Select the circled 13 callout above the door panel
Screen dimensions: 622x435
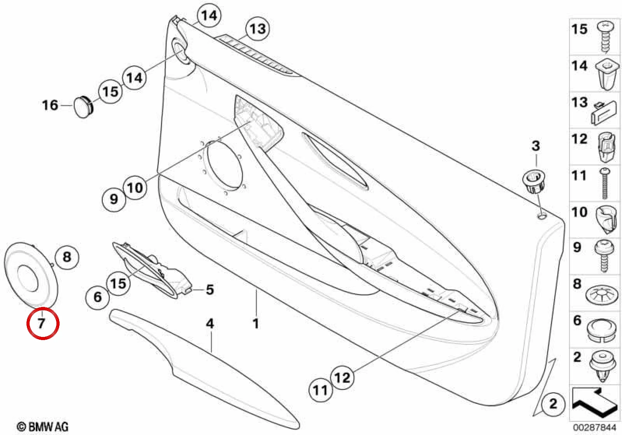tap(258, 29)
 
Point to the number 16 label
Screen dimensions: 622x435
tap(50, 105)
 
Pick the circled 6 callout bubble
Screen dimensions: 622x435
tap(97, 297)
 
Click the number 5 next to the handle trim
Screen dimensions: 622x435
tap(210, 289)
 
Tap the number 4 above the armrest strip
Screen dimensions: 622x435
tap(210, 324)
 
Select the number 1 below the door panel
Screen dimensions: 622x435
tap(256, 324)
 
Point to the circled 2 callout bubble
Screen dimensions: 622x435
tap(553, 403)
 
